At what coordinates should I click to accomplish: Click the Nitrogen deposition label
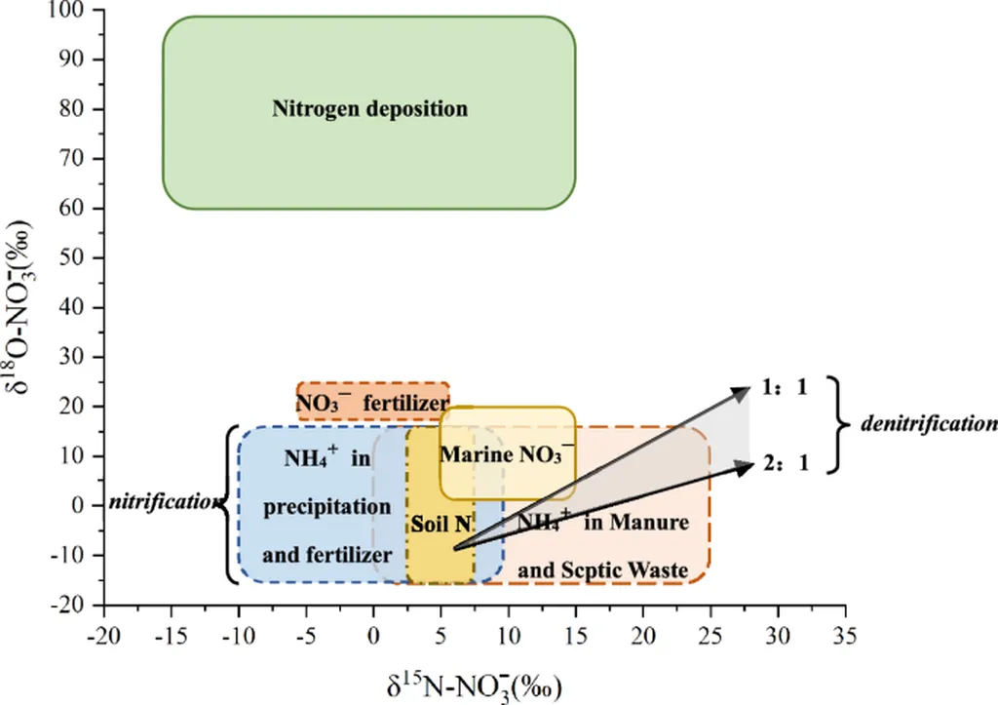[369, 108]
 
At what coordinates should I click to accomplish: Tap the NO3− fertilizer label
[372, 402]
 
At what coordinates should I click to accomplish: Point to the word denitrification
[929, 424]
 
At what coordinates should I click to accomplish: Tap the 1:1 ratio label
[787, 386]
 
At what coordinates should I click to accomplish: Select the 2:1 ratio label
[787, 463]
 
